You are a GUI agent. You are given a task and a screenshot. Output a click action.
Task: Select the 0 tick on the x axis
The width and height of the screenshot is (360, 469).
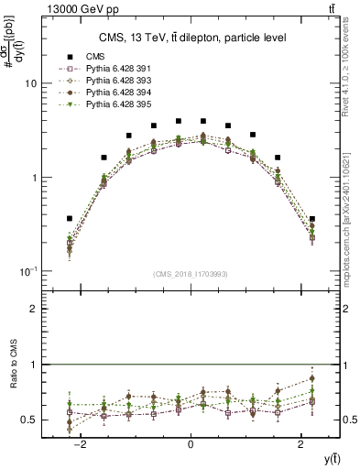coord(191,443)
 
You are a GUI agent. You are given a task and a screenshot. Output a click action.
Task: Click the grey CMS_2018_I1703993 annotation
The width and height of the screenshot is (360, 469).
coord(191,273)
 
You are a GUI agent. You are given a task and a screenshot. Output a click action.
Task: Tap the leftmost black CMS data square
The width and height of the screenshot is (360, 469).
coord(70,219)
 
